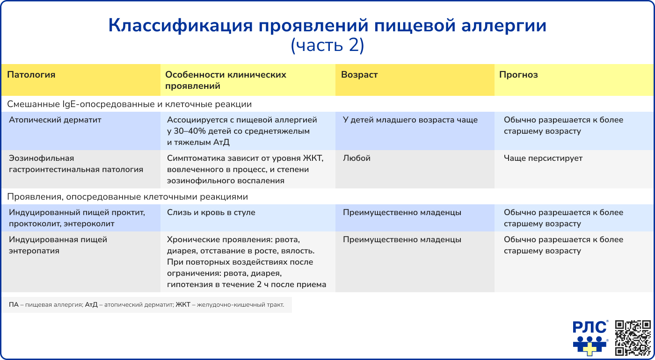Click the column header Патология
31,75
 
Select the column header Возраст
359,75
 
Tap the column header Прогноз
518,75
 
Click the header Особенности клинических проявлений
226,80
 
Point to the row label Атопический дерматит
55,120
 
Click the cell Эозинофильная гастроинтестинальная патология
76,164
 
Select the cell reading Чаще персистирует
543,158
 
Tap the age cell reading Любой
357,158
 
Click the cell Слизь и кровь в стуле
211,212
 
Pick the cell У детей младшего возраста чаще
410,120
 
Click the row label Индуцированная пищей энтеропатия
58,245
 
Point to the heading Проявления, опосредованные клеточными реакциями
127,197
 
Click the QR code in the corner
633,338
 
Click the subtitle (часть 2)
327,45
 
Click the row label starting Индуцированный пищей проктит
77,218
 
